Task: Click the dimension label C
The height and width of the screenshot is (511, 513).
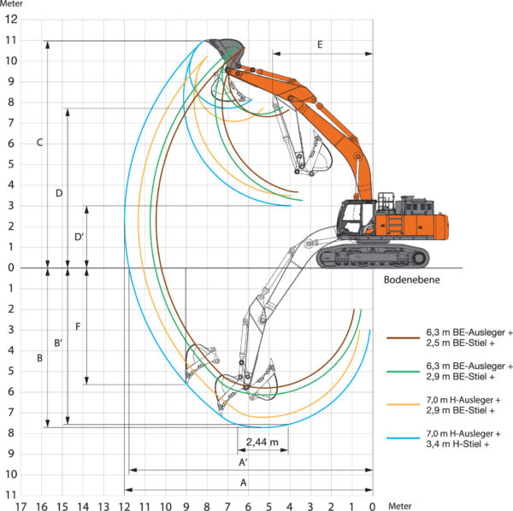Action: (39, 143)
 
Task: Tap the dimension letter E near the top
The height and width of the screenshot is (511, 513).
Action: (320, 44)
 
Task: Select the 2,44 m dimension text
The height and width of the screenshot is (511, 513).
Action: (262, 442)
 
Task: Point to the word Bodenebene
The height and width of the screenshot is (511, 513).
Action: (411, 280)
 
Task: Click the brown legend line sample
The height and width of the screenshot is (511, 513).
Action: (403, 338)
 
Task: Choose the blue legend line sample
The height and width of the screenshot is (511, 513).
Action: (403, 438)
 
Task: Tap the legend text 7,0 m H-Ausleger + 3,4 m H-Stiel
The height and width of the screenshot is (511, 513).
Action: (463, 438)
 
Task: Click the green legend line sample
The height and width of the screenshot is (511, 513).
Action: (403, 372)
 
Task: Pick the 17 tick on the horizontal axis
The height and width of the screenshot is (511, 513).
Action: (21, 507)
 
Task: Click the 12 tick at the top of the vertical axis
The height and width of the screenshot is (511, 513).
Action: (11, 20)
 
